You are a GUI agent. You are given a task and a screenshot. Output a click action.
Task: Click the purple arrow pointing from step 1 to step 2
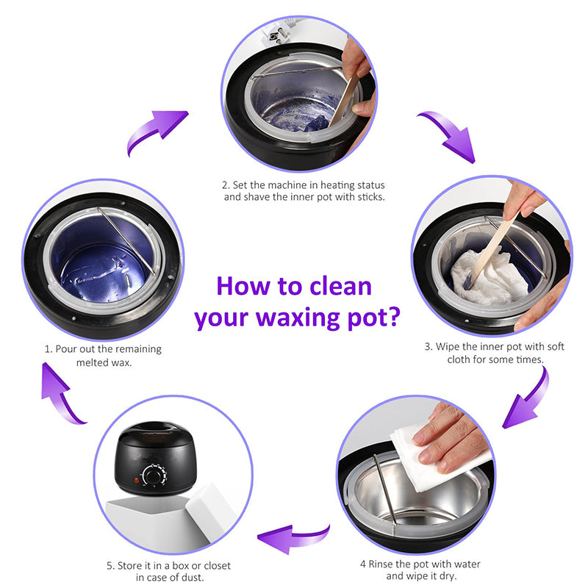point(155,133)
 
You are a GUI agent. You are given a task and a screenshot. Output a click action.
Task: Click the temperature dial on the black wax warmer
point(154,477)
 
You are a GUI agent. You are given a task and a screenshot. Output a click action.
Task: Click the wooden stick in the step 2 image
point(346,99)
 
